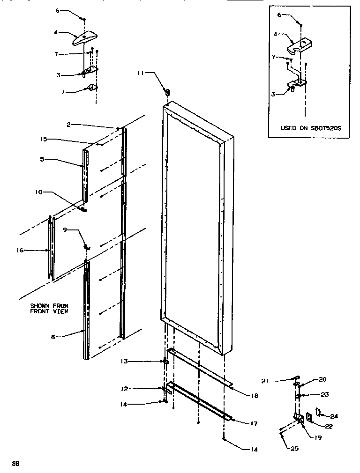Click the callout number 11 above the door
pyautogui.click(x=141, y=73)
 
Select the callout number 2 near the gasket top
pyautogui.click(x=68, y=125)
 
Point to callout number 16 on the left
pyautogui.click(x=20, y=251)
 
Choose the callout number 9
pyautogui.click(x=65, y=230)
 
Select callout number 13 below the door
pyautogui.click(x=123, y=362)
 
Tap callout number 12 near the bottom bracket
pyautogui.click(x=123, y=388)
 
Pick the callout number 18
pyautogui.click(x=255, y=396)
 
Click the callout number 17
pyautogui.click(x=254, y=423)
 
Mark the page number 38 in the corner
pyautogui.click(x=15, y=464)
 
